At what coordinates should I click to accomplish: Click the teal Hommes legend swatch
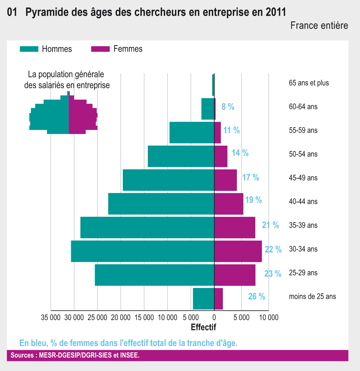pyautogui.click(x=29, y=49)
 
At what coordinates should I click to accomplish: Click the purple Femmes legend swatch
pyautogui.click(x=100, y=49)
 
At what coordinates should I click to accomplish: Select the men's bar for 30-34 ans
pyautogui.click(x=142, y=251)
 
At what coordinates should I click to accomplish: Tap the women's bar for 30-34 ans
pyautogui.click(x=238, y=251)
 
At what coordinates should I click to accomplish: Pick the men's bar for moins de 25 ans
pyautogui.click(x=203, y=298)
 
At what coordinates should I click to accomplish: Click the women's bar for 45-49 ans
pyautogui.click(x=226, y=180)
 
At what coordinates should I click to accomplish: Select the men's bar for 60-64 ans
pyautogui.click(x=208, y=109)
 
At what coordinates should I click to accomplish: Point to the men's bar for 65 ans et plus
pyautogui.click(x=213, y=85)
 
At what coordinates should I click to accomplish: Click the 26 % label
pyautogui.click(x=257, y=296)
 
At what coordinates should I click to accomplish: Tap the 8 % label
pyautogui.click(x=228, y=107)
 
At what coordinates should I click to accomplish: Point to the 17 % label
pyautogui.click(x=251, y=178)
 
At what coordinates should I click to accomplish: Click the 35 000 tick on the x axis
pyautogui.click(x=51, y=318)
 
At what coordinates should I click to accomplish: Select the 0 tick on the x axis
pyautogui.click(x=214, y=318)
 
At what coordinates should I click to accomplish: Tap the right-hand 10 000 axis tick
pyautogui.click(x=269, y=318)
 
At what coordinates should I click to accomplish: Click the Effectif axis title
pyautogui.click(x=203, y=327)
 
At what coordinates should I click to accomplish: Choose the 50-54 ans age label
pyautogui.click(x=303, y=154)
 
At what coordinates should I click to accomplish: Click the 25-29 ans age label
pyautogui.click(x=303, y=273)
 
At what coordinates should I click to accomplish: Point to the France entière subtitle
pyautogui.click(x=319, y=26)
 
